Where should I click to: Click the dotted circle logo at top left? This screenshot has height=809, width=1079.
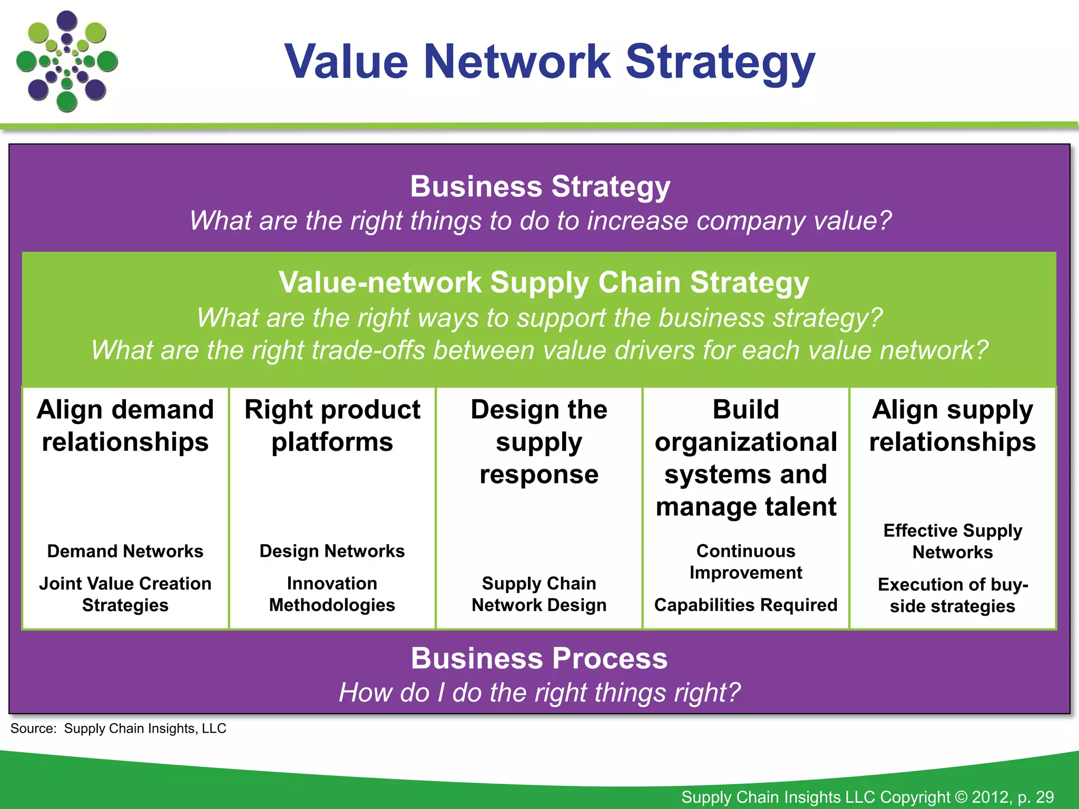(x=67, y=62)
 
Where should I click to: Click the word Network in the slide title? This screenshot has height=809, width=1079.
(x=517, y=62)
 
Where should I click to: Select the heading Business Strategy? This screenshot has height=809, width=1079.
(x=540, y=186)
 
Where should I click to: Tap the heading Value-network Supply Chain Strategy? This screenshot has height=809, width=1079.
(x=543, y=282)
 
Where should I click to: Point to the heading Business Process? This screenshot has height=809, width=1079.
(x=539, y=658)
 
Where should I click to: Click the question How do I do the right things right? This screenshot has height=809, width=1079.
(x=539, y=692)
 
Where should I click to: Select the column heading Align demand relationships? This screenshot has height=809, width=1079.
(x=125, y=426)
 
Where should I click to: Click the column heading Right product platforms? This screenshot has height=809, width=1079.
(x=332, y=426)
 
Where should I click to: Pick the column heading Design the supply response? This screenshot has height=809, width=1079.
(x=539, y=441)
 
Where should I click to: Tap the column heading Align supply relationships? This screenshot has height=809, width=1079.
(x=953, y=426)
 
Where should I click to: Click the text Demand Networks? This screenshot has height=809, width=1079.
(x=125, y=551)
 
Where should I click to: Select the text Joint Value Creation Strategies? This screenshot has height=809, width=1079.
(x=125, y=594)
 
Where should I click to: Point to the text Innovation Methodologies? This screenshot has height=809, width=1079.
(x=332, y=594)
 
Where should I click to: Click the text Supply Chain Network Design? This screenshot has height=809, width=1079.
(x=539, y=594)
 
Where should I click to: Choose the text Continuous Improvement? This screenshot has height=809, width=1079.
(x=746, y=561)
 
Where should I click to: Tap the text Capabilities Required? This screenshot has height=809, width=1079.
(x=746, y=605)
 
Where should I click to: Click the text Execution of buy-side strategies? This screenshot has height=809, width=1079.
(x=953, y=595)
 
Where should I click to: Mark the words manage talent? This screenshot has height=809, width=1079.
(x=746, y=507)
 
